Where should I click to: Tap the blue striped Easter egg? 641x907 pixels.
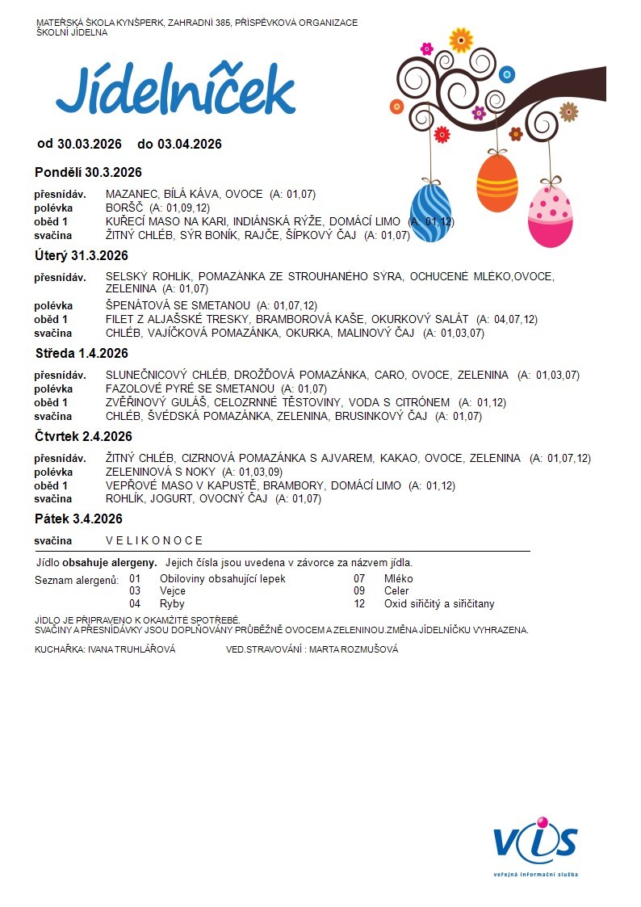(430, 212)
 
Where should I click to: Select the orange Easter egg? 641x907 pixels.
(496, 183)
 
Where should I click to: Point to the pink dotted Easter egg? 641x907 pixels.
(551, 214)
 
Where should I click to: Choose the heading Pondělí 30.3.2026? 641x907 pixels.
(88, 172)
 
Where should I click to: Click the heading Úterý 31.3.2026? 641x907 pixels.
(82, 256)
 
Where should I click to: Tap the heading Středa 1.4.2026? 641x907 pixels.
(82, 353)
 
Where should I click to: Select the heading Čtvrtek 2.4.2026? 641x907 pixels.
(83, 436)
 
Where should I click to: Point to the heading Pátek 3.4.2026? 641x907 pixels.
(78, 519)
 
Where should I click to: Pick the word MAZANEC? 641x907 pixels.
(132, 194)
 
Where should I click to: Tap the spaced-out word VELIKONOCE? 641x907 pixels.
(154, 540)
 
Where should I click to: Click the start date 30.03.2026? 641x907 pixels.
(89, 144)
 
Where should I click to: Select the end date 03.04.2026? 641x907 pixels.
(189, 144)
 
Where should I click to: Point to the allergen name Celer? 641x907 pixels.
(396, 591)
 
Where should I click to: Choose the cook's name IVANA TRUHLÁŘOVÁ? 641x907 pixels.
(132, 649)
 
